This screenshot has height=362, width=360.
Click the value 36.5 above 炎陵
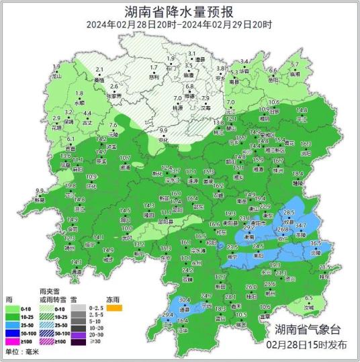click(x=316, y=243)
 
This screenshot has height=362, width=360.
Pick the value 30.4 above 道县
click(x=183, y=300)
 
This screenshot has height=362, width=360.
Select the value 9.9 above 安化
click(x=163, y=130)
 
